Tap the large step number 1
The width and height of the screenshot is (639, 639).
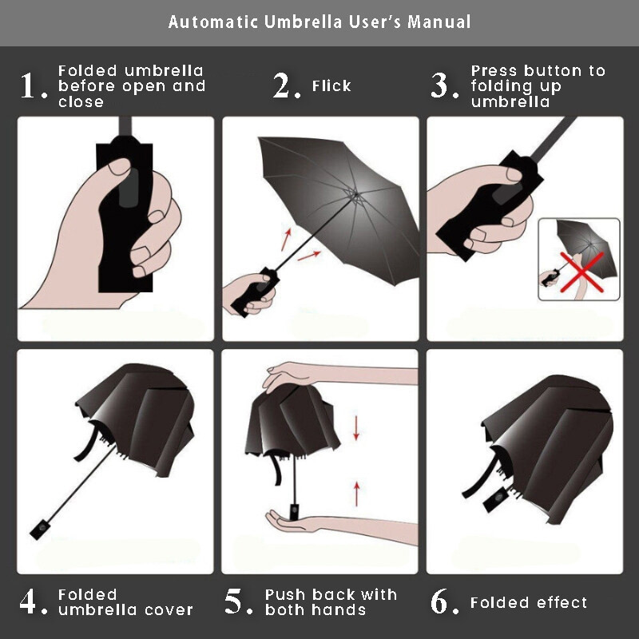[x=30, y=85]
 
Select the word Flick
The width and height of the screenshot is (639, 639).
[x=331, y=85]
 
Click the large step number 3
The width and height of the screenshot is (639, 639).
[x=440, y=85]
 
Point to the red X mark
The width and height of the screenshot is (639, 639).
[x=582, y=272]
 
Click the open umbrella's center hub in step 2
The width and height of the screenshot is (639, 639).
[x=355, y=195]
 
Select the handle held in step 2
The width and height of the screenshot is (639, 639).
[x=256, y=292]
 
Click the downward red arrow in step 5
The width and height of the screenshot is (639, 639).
[x=356, y=428]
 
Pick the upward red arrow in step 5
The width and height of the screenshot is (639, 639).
[x=356, y=494]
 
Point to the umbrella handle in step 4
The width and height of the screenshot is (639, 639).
[x=41, y=530]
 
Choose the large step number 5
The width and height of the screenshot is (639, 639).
[x=234, y=601]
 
